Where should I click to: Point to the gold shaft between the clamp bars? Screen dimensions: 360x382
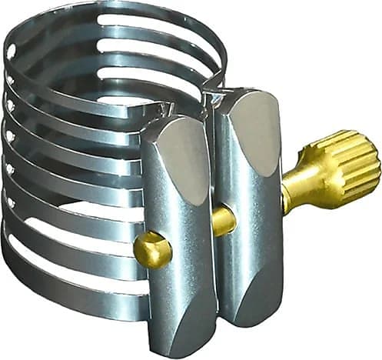click(x=224, y=220)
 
